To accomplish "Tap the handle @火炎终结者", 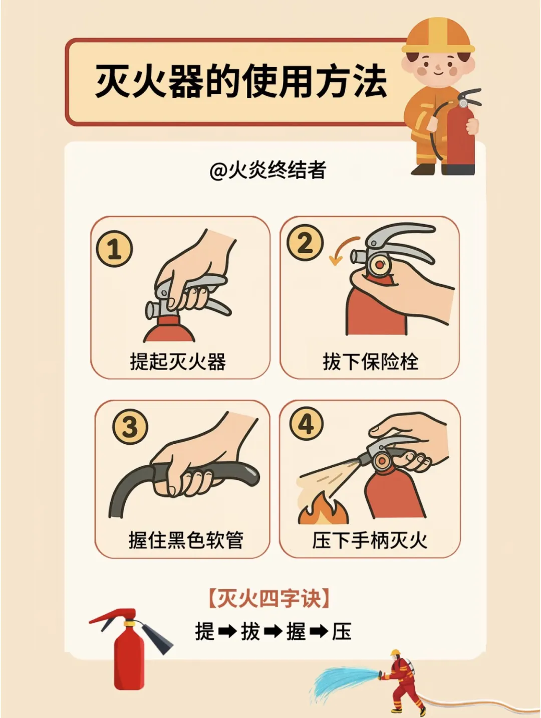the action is [x=268, y=170].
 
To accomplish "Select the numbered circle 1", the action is [x=114, y=249].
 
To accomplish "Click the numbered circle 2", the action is [x=305, y=242].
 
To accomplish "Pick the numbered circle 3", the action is [x=130, y=427].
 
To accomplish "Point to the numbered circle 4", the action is [x=307, y=424].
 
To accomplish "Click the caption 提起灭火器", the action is [x=178, y=362].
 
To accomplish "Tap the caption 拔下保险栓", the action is [x=371, y=362].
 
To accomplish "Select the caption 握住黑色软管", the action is [x=186, y=540].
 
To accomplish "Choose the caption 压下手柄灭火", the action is [x=370, y=540].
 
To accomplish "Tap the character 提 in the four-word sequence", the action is [x=205, y=631].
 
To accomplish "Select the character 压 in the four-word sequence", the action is [x=342, y=631].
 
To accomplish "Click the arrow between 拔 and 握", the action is [x=273, y=631].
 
